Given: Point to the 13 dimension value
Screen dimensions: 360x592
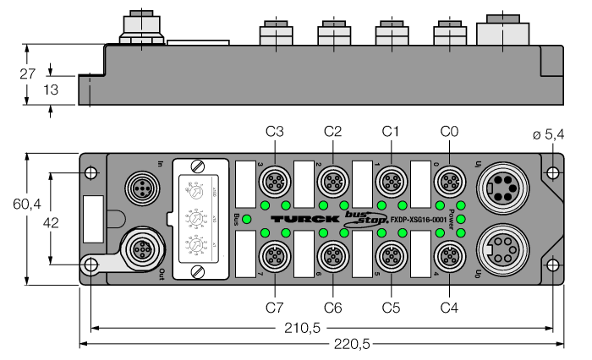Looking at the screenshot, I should [28, 90].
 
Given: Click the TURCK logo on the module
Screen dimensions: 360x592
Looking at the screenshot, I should [296, 219].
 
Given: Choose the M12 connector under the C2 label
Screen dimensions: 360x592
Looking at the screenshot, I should [332, 180].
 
